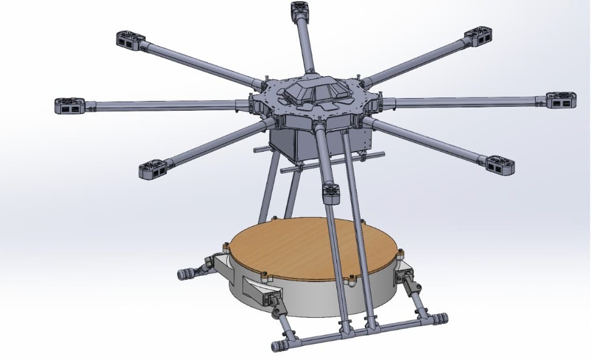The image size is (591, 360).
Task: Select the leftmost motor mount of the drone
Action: (70, 106)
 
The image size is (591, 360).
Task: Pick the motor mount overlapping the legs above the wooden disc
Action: (330, 193)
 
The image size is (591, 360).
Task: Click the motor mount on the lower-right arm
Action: (499, 165)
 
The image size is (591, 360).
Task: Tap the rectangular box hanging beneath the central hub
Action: (294, 141)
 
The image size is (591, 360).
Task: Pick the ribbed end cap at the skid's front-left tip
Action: (279, 346)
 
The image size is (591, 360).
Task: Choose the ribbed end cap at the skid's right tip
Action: (441, 318)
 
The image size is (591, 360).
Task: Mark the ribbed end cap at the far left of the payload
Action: (186, 274)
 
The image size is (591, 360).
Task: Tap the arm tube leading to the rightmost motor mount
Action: (462, 103)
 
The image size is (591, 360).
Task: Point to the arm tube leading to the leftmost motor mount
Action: (162, 105)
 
